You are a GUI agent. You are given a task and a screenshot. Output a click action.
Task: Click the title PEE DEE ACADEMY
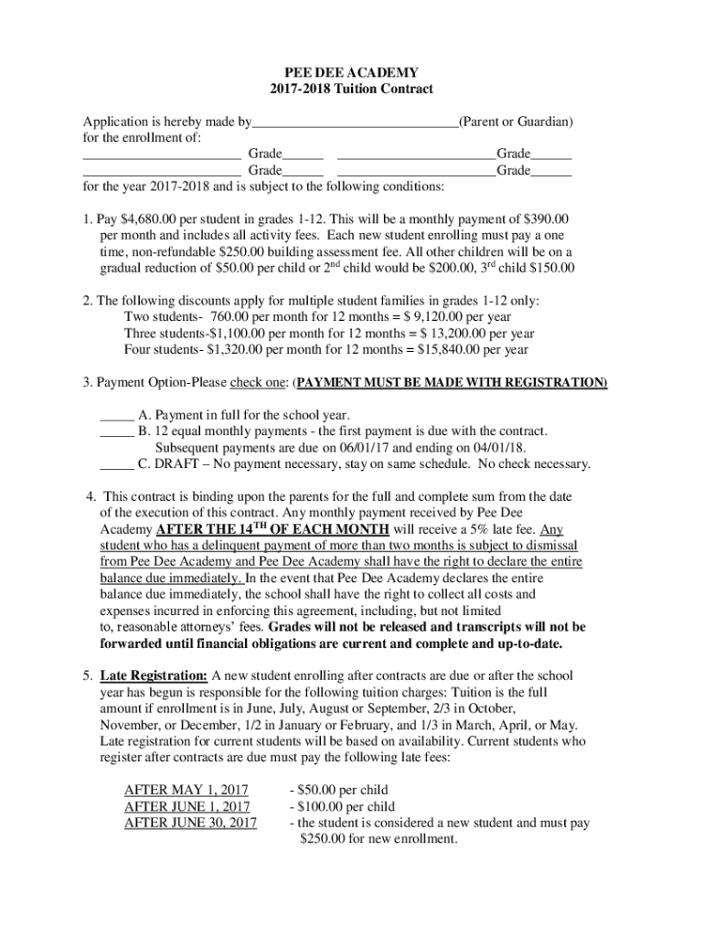pyautogui.click(x=352, y=72)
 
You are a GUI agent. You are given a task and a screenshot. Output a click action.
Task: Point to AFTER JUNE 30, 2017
pyautogui.click(x=190, y=824)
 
